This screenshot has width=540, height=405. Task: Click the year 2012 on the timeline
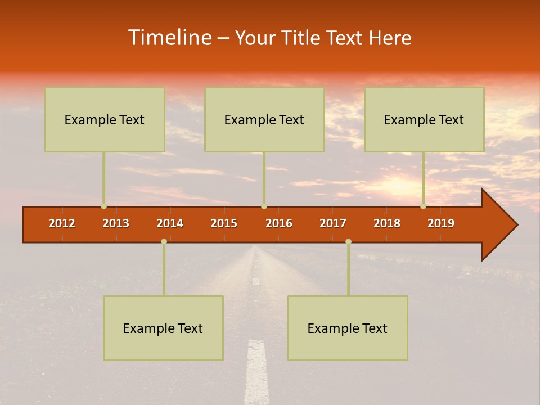coord(62,223)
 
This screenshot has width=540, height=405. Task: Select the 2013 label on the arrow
coord(116,223)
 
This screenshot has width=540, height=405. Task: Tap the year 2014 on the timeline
coord(170,223)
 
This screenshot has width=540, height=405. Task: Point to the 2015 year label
coord(224,223)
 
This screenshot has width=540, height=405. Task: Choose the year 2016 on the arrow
coord(279,223)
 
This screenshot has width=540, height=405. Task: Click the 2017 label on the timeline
coord(333,223)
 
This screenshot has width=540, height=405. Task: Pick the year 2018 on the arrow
coord(387,223)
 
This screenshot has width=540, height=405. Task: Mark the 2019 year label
coord(441,223)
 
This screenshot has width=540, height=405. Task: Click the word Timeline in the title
coord(170,38)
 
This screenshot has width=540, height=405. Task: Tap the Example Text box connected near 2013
coord(105,119)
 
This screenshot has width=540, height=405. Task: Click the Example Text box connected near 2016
coord(264,119)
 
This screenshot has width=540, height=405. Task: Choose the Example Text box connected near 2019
coord(424,119)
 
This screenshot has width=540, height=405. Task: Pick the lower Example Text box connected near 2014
coord(163,328)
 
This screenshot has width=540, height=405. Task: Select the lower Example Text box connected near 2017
coord(348,328)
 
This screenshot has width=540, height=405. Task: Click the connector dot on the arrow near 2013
coord(103,206)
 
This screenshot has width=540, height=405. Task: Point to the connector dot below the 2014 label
coord(164,241)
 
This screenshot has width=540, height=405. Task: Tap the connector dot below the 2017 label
coord(348,241)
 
